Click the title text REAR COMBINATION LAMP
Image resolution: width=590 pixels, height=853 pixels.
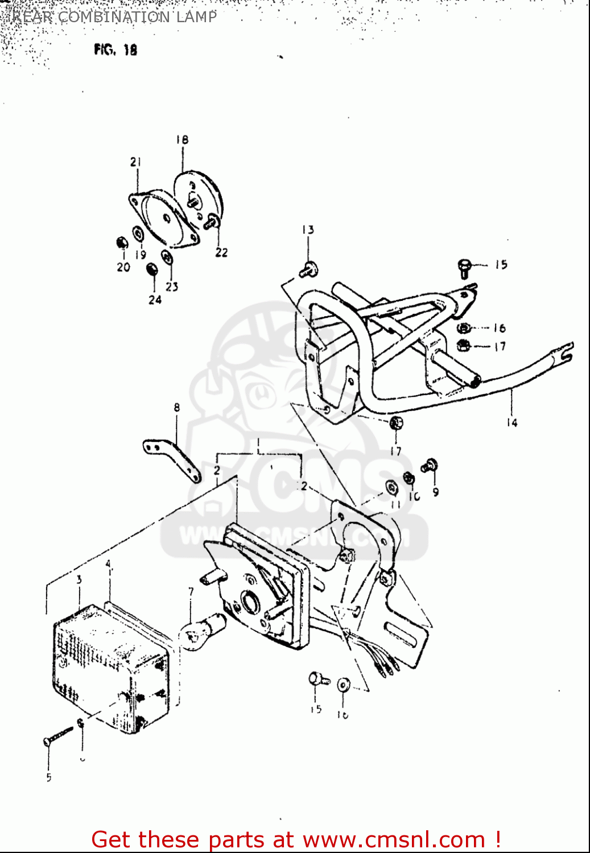pos(114,16)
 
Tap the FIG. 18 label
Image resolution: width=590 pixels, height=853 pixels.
pos(115,50)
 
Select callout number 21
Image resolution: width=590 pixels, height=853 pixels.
pos(135,162)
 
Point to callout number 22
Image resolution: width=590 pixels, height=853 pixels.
pos(221,252)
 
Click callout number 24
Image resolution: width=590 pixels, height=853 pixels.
pos(155,300)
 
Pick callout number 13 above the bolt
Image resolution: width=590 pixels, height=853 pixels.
pos(308,230)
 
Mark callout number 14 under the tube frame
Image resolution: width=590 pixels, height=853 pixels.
pos(511,423)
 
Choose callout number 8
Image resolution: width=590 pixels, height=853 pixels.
pos(177,407)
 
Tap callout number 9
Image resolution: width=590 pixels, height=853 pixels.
pos(435,492)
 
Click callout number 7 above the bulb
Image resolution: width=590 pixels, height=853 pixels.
pos(191,592)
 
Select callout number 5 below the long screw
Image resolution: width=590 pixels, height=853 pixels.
pos(49,777)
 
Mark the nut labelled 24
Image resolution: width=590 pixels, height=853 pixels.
pos(152,269)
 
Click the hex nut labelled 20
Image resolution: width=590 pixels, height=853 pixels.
pos(122,243)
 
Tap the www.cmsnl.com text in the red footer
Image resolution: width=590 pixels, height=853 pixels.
pos(393,840)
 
